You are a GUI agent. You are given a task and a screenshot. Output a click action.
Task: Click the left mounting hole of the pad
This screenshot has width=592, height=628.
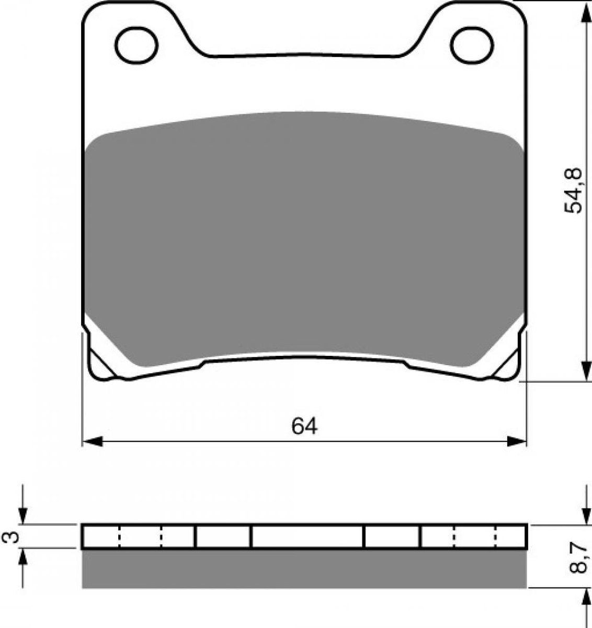point(136,45)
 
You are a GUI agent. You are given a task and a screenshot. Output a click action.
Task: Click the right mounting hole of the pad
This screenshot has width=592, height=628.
point(472,45)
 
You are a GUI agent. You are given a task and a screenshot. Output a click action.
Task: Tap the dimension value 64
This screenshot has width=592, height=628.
point(304,427)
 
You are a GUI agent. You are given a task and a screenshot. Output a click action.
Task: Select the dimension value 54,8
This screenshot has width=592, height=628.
point(573,190)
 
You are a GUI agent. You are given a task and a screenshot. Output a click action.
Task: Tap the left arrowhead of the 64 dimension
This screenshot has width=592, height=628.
point(92,442)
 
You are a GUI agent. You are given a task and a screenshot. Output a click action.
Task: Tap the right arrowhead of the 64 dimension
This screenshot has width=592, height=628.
point(517,442)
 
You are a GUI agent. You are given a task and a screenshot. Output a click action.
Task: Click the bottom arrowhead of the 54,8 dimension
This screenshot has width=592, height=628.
point(587,372)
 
